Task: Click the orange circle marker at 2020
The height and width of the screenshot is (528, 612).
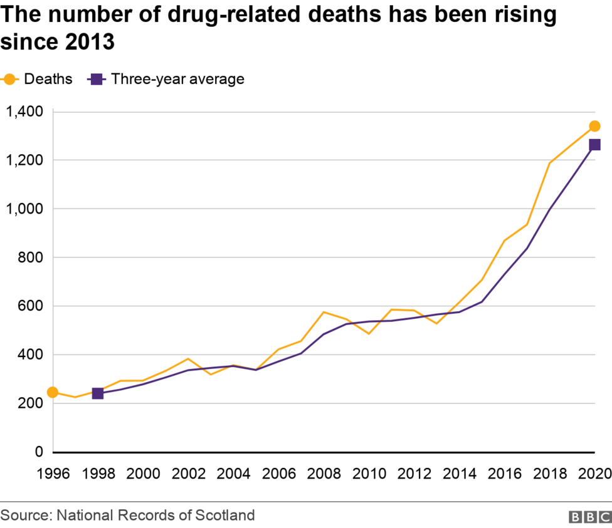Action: click(594, 126)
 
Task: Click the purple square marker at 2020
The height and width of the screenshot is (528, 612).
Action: click(594, 145)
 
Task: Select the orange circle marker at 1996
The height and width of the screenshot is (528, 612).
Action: click(53, 392)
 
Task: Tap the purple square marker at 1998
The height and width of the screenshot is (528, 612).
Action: click(98, 393)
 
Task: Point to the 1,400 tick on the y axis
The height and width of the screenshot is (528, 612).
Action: click(24, 111)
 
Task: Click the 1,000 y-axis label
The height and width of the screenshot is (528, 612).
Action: click(24, 209)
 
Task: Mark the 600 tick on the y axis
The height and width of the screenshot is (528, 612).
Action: click(31, 306)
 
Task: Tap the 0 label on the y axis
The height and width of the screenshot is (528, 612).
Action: click(39, 452)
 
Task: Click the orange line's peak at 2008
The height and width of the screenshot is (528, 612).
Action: click(324, 312)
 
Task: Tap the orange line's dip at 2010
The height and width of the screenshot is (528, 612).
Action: click(369, 333)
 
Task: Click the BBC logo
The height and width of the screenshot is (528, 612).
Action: click(589, 517)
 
